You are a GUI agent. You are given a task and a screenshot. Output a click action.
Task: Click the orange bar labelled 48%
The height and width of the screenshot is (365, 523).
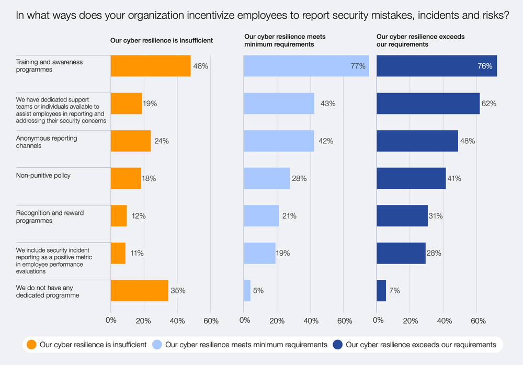(x=151, y=66)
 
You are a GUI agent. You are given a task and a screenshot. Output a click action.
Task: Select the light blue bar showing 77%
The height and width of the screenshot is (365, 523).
(x=306, y=66)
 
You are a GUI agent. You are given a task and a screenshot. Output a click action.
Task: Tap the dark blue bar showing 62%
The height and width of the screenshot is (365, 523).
(x=428, y=104)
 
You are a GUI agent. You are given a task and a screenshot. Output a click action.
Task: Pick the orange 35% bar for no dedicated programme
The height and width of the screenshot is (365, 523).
(x=140, y=290)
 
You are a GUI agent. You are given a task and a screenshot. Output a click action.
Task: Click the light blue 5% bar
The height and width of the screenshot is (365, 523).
(x=247, y=290)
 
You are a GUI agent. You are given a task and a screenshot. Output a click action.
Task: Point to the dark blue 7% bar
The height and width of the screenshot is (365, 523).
(x=381, y=290)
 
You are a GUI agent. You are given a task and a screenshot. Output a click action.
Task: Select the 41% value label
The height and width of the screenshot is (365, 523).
(x=453, y=178)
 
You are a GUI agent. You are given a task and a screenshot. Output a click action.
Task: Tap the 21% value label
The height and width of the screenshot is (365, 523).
(x=289, y=216)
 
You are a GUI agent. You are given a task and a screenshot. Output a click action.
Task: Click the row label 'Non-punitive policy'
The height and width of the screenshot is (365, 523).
(x=43, y=176)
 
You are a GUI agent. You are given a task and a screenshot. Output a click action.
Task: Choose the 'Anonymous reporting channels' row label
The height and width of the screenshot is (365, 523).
(x=47, y=142)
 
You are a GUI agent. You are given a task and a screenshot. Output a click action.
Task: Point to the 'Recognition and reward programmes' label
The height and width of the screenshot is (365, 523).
(x=50, y=216)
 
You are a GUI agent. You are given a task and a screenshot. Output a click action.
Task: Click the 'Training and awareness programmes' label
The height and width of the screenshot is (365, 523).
(x=49, y=66)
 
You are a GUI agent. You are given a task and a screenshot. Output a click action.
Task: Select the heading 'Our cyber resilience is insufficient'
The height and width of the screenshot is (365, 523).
(x=161, y=40)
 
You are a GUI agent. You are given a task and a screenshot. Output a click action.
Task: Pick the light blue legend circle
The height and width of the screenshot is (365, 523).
(x=157, y=345)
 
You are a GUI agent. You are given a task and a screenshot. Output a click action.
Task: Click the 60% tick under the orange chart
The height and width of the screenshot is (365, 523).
(x=211, y=320)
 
